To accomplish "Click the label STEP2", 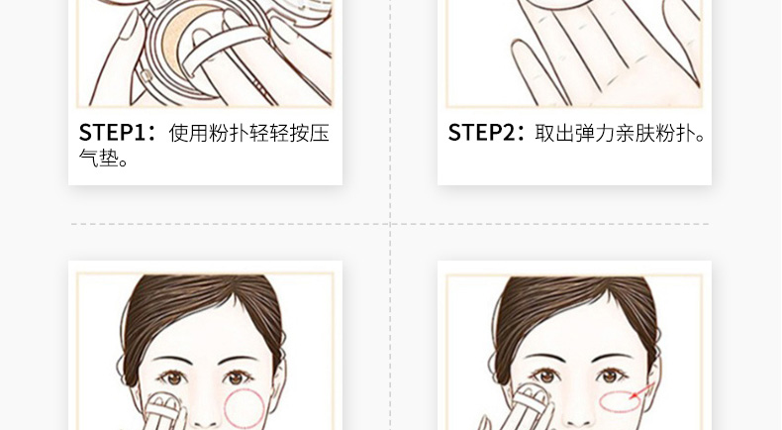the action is pyautogui.click(x=482, y=133).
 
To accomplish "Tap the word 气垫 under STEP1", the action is pyautogui.click(x=99, y=158).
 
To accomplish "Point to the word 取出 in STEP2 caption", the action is pyautogui.click(x=554, y=134).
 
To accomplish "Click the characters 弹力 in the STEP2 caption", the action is pyautogui.click(x=595, y=134).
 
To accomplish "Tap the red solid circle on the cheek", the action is pyautogui.click(x=244, y=409).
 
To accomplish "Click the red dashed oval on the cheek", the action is pyautogui.click(x=620, y=402).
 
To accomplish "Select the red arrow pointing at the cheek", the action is pyautogui.click(x=642, y=390).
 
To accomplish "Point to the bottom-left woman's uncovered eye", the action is pyautogui.click(x=238, y=377).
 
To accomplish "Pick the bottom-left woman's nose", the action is pyautogui.click(x=206, y=415).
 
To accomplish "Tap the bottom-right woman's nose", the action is pyautogui.click(x=578, y=415).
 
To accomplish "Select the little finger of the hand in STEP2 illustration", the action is pyautogui.click(x=528, y=70).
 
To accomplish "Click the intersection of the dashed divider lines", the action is pyautogui.click(x=390, y=224).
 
